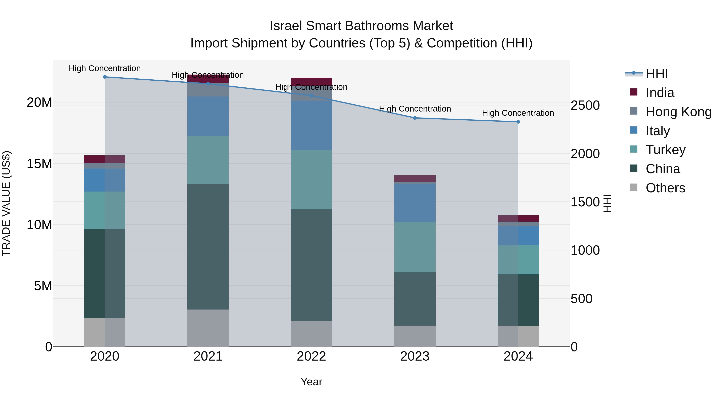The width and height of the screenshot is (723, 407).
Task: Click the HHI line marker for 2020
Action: pos(105,77)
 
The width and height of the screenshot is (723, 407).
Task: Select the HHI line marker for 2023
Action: pos(415,118)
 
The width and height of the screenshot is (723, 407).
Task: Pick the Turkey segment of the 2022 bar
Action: pos(311,179)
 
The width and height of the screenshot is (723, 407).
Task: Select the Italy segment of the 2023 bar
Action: pos(415,203)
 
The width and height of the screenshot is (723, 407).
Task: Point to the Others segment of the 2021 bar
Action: pos(208,328)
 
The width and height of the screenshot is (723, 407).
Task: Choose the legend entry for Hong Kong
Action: pos(678,112)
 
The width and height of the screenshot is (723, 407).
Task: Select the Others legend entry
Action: pos(665,188)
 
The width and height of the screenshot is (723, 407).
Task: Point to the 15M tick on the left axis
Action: pos(39,163)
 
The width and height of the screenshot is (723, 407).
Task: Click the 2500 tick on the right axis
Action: pos(585,105)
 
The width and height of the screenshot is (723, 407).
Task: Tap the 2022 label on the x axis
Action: pos(311,356)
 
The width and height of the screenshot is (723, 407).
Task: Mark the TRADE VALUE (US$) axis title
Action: pos(6,203)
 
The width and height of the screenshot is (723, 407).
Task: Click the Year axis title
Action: pos(311,382)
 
